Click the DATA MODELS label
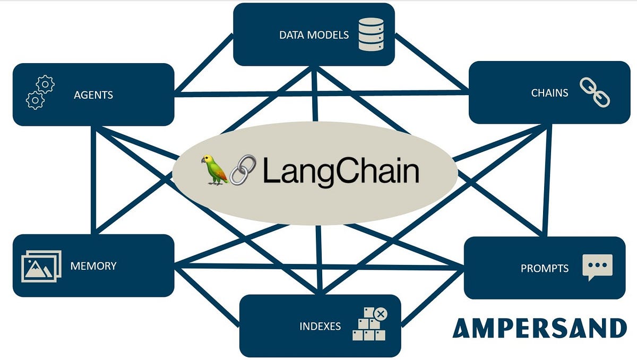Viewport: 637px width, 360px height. [314, 35]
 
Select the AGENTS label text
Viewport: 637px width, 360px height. [93, 95]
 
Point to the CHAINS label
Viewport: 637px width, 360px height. [549, 93]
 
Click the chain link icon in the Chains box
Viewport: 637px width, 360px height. [595, 92]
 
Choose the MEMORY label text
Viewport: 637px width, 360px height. [93, 265]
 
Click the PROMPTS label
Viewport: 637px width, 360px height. [544, 268]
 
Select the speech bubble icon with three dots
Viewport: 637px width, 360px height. [597, 267]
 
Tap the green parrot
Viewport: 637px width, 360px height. [214, 170]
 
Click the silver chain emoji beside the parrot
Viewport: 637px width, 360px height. [243, 170]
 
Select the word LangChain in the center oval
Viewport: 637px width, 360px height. [340, 171]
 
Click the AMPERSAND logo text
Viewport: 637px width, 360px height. [539, 328]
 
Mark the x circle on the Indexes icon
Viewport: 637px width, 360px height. [381, 314]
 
